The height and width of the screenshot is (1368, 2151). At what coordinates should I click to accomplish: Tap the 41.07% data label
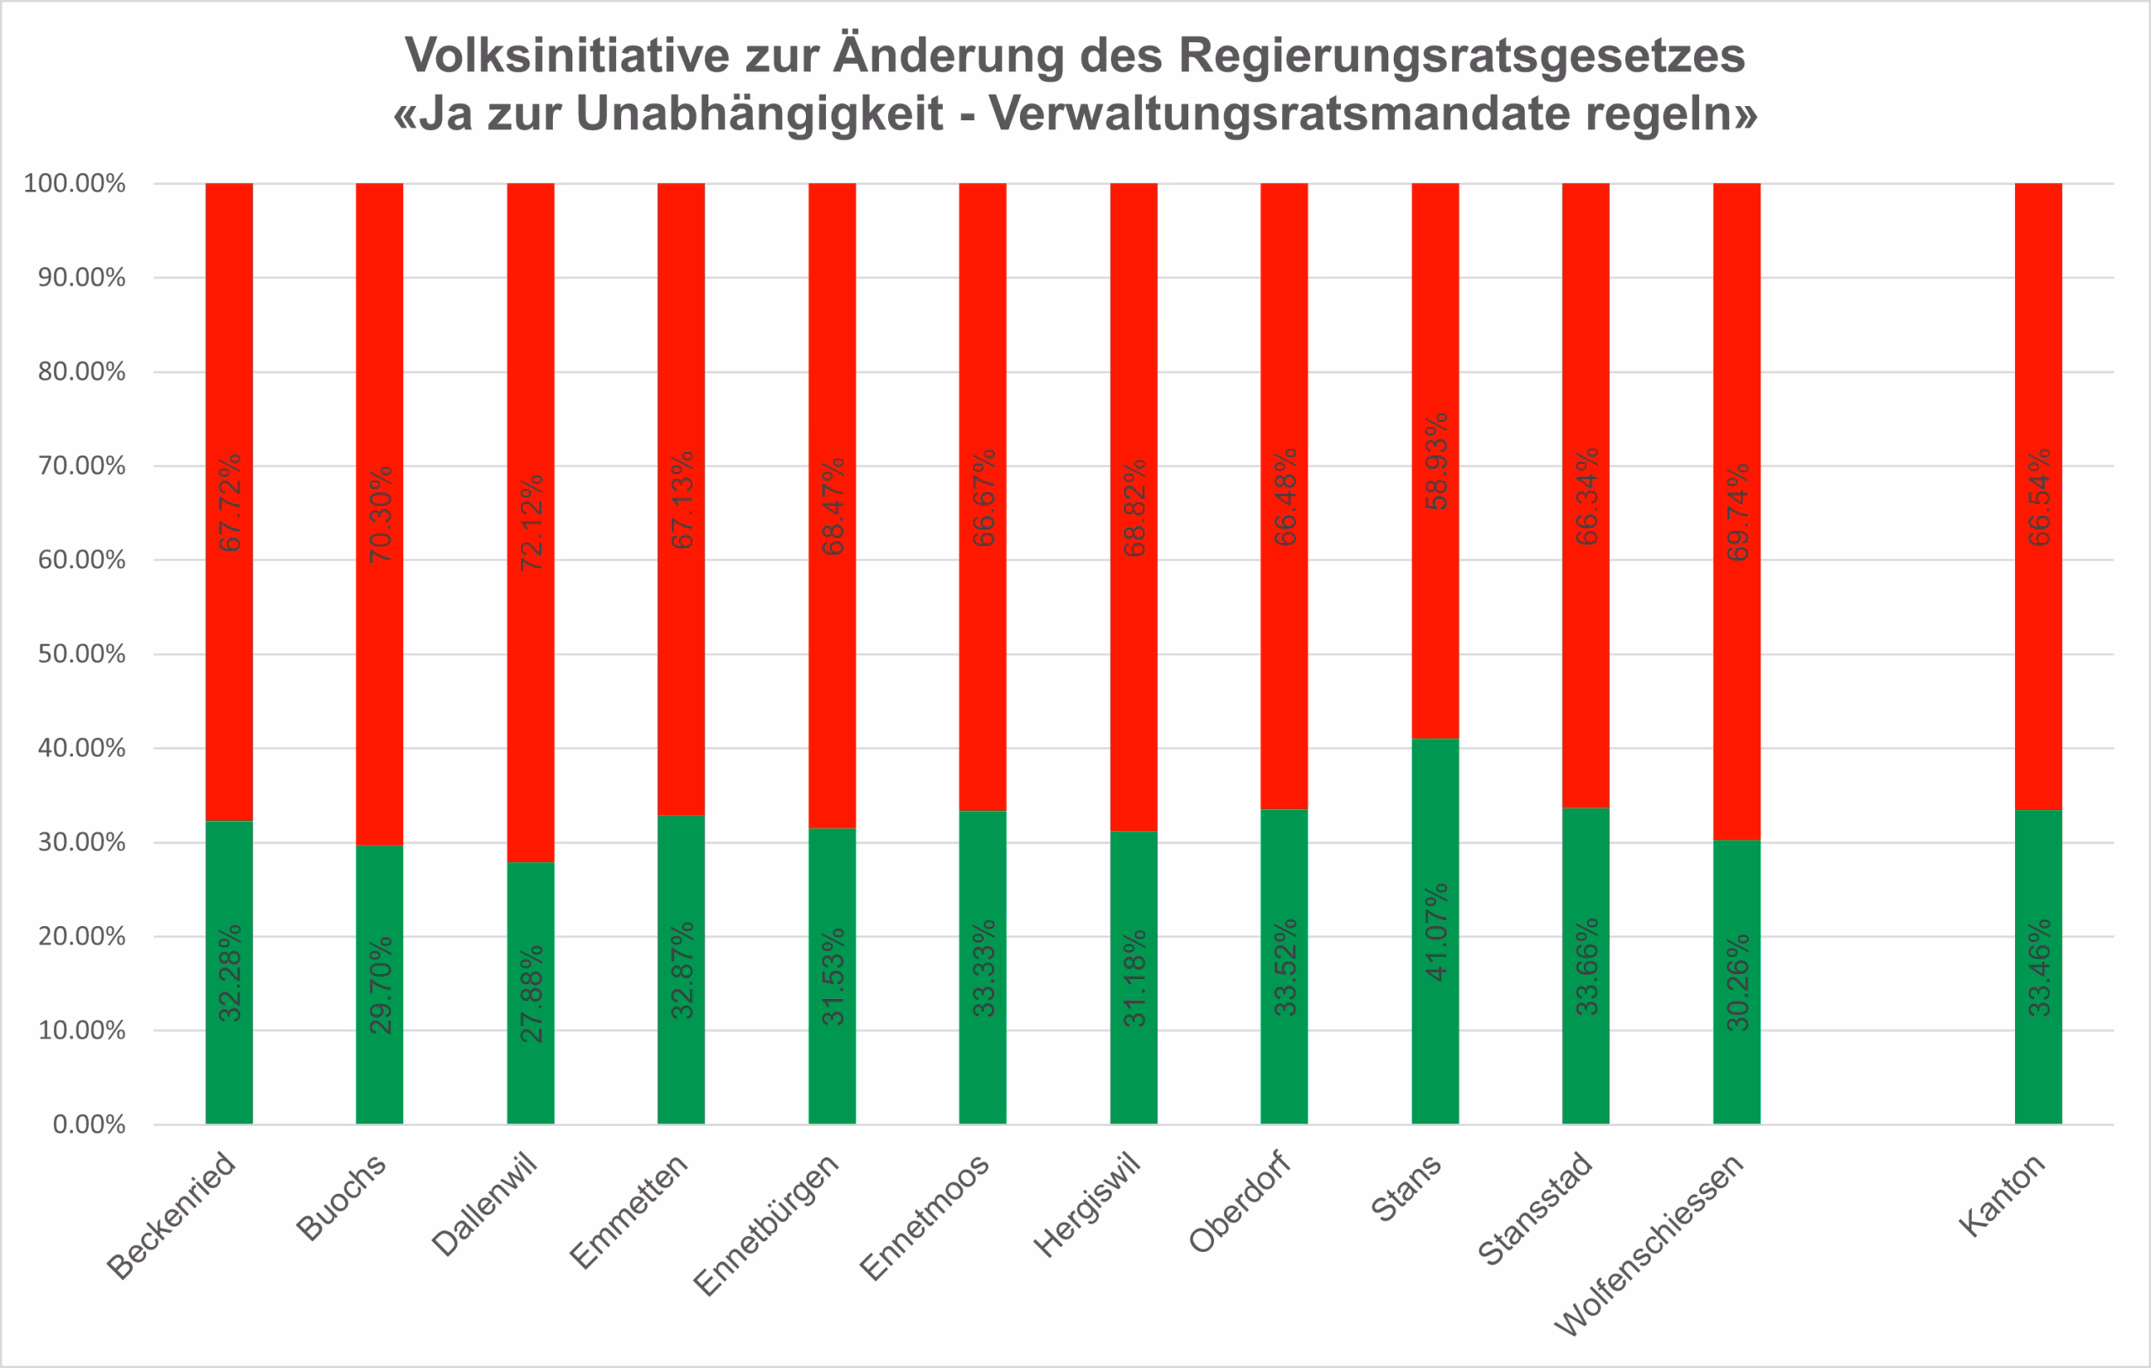click(1435, 932)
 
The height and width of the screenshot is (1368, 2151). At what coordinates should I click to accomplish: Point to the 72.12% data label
click(530, 523)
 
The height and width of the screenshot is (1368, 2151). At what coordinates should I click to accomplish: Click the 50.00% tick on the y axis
click(82, 654)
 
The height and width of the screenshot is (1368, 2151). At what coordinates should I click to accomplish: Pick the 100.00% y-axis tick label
click(74, 183)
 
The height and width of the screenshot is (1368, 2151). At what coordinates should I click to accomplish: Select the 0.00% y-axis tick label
click(88, 1124)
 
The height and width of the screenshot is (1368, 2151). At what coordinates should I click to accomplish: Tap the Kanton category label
click(2001, 1195)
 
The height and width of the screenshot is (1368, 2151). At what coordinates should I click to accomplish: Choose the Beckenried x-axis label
click(171, 1216)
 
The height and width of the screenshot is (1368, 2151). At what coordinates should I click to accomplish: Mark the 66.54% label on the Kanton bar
click(2039, 497)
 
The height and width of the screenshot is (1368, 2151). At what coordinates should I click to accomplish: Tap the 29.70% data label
click(381, 985)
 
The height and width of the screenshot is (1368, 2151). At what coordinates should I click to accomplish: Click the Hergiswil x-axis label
click(1087, 1204)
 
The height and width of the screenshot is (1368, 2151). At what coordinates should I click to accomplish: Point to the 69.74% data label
click(1738, 513)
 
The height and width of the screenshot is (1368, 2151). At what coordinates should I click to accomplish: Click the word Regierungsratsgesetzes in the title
click(1461, 55)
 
